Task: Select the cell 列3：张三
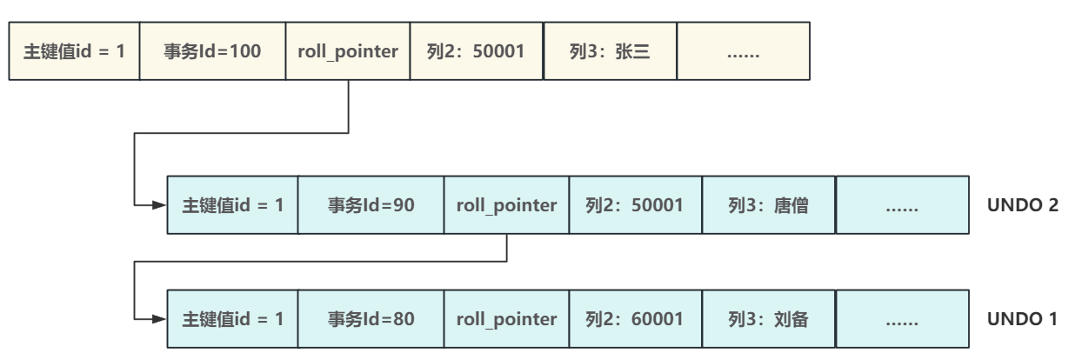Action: (609, 52)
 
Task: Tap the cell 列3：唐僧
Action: (768, 206)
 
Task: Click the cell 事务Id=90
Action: (371, 206)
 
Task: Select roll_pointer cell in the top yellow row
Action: (348, 52)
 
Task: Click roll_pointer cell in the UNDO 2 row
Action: (506, 206)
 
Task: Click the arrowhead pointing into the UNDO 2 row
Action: (159, 206)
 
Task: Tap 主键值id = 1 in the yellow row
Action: (74, 52)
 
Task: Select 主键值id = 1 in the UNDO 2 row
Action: (232, 206)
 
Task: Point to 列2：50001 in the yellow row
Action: (476, 52)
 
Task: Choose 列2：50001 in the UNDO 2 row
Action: (635, 206)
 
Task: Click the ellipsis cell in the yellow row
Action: (743, 52)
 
